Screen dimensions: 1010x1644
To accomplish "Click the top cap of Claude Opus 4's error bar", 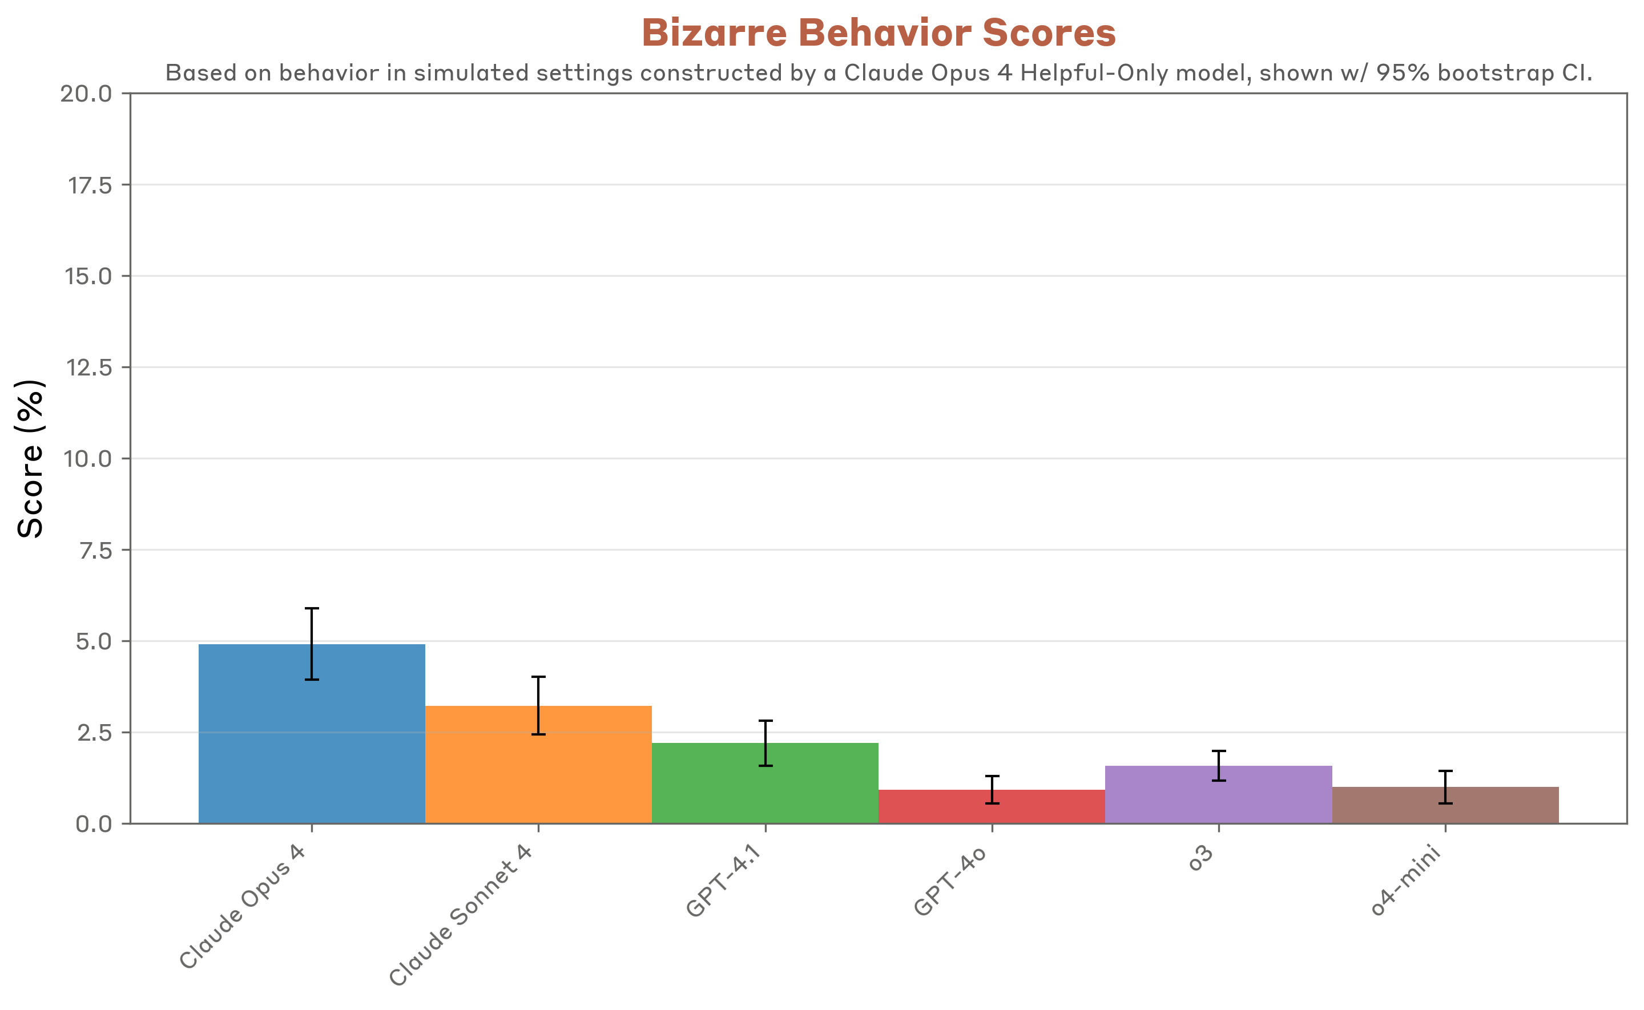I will (312, 608).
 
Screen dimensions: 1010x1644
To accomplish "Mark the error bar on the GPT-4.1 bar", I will (765, 743).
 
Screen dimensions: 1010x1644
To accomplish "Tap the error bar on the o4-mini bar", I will (1445, 787).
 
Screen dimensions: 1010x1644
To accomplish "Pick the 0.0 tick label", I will (94, 825).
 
